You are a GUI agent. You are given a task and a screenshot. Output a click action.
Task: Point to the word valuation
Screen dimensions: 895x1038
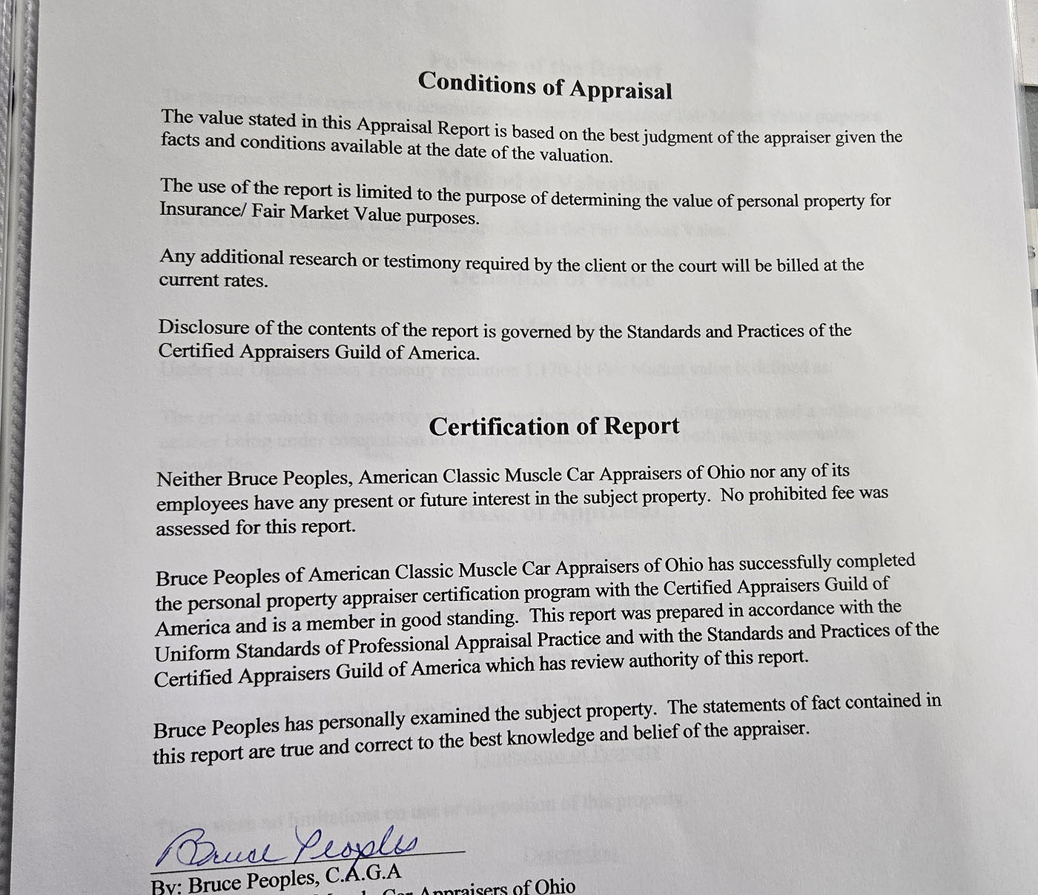[x=574, y=155]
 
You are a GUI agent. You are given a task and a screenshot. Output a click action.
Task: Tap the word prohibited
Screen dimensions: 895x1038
[x=787, y=493]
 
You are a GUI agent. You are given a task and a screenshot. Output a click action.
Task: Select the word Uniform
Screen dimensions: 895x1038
[x=192, y=653]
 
